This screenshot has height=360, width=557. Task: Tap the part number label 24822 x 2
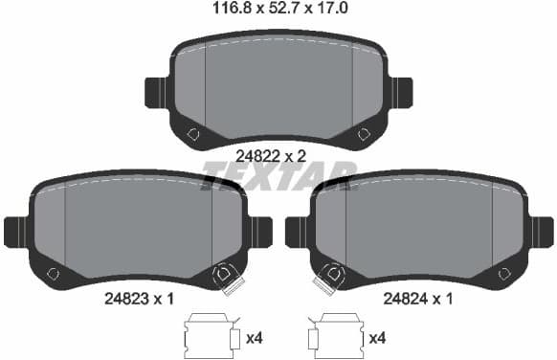278,154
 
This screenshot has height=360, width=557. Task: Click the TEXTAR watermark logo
278,175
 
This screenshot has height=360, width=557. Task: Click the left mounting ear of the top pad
157,92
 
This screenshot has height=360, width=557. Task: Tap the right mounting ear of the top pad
399,92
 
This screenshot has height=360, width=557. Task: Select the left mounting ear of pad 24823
16,232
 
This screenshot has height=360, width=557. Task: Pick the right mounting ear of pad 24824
542,232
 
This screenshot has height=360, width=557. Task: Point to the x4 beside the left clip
256,337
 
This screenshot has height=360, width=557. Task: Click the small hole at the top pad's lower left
192,133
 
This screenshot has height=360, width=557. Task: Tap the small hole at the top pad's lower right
364,133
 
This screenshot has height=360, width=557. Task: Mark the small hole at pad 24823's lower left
52,274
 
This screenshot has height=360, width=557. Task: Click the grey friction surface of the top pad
278,86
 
